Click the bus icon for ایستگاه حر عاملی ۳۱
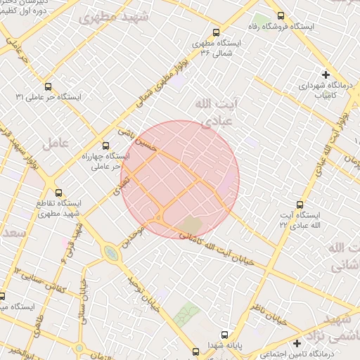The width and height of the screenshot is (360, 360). pos(47,87)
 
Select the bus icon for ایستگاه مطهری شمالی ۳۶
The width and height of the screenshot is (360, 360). pos(215,32)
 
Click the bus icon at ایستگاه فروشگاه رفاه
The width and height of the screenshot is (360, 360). pos(281,15)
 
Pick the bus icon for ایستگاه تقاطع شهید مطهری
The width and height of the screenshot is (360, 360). pos(58,192)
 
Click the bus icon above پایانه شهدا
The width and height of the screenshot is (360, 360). pos(224,335)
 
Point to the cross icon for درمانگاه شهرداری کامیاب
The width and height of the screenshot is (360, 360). pos(326,75)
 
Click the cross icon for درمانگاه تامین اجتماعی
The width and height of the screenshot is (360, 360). pos(297,343)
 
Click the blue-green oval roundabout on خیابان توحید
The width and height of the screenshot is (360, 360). pos(110,252)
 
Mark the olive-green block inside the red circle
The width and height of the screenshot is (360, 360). pos(191,224)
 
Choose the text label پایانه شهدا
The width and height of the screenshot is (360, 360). pos(225,346)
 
